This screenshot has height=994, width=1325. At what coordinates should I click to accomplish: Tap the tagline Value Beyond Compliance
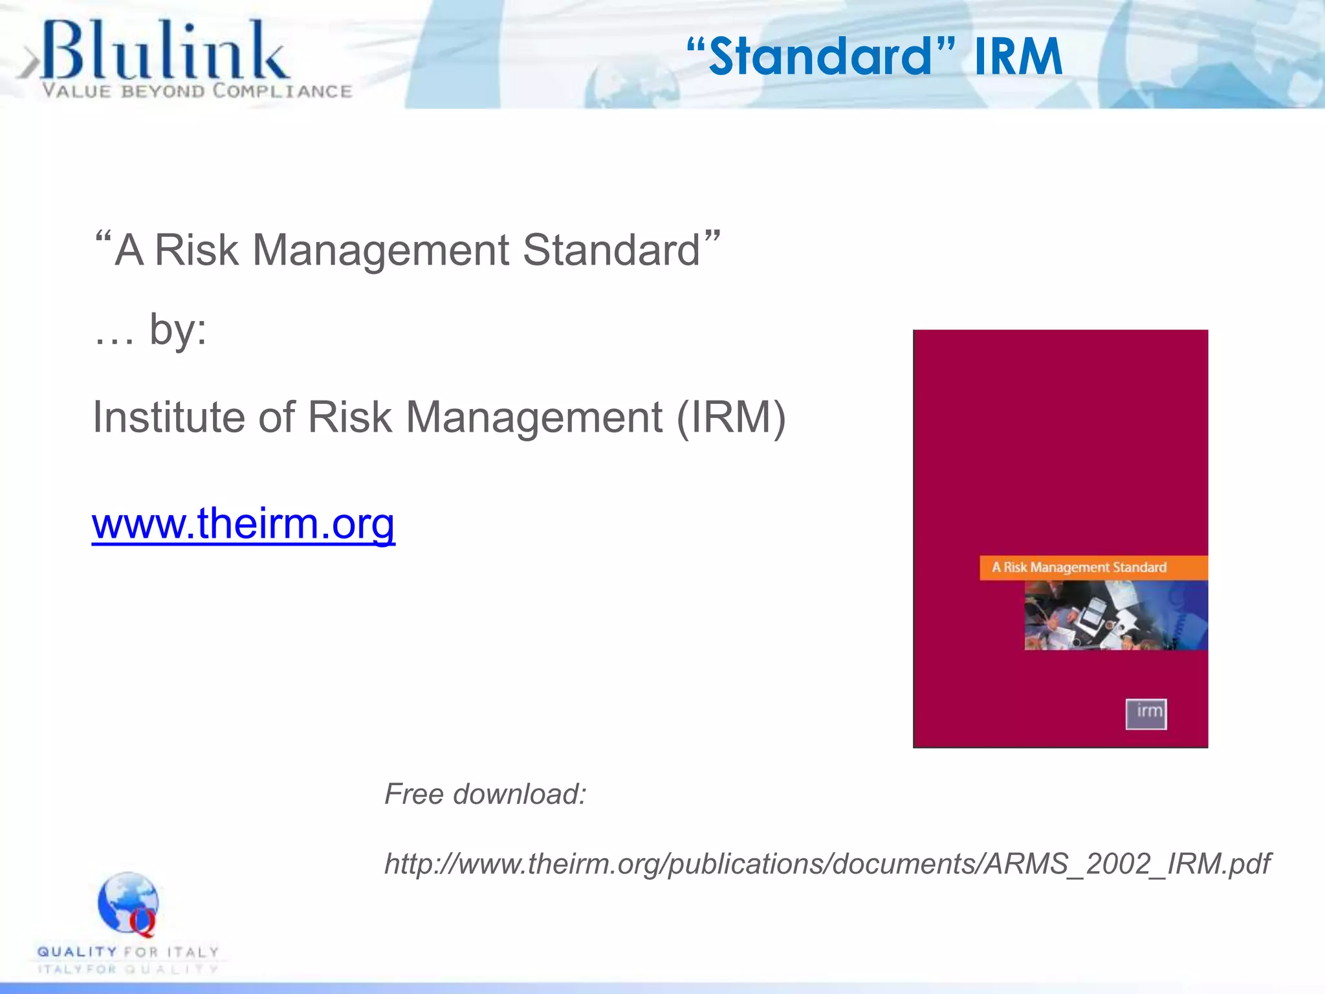pyautogui.click(x=197, y=91)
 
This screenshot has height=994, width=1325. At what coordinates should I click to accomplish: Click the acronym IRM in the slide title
pyautogui.click(x=1018, y=57)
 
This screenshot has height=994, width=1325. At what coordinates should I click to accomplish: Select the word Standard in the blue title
pyautogui.click(x=820, y=57)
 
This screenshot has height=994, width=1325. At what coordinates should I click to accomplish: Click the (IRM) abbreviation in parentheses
pyautogui.click(x=730, y=417)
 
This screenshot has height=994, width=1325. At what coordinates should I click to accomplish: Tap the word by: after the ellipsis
pyautogui.click(x=178, y=330)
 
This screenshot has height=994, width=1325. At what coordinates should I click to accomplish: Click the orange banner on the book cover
pyautogui.click(x=1093, y=568)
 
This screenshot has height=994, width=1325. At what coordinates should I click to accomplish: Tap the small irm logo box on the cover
pyautogui.click(x=1146, y=714)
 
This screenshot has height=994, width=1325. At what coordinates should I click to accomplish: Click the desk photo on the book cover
pyautogui.click(x=1115, y=615)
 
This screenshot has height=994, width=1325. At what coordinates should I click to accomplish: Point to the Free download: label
pyautogui.click(x=485, y=794)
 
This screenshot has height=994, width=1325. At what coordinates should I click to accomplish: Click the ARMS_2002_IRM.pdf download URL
pyautogui.click(x=827, y=864)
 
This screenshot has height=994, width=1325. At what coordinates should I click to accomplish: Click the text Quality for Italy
pyautogui.click(x=128, y=952)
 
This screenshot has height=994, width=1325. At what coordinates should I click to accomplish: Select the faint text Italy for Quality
pyautogui.click(x=128, y=969)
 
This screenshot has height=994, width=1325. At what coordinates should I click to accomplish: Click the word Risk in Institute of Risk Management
pyautogui.click(x=349, y=417)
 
